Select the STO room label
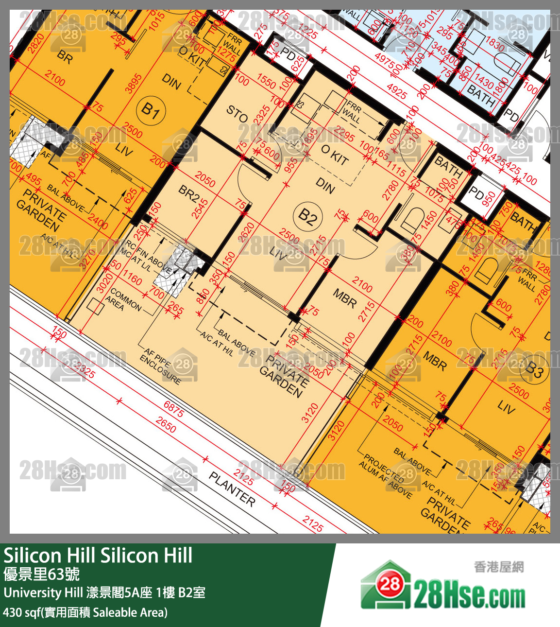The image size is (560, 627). coord(237,114)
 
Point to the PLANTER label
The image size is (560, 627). coord(232,489)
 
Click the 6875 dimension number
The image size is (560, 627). coord(173,409)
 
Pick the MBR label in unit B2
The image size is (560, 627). coord(344,298)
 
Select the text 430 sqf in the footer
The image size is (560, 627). coord(21,612)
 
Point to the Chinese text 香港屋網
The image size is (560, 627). coord(499,567)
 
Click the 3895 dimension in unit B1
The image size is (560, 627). coord(133,83)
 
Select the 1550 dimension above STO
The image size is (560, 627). coord(266,81)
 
